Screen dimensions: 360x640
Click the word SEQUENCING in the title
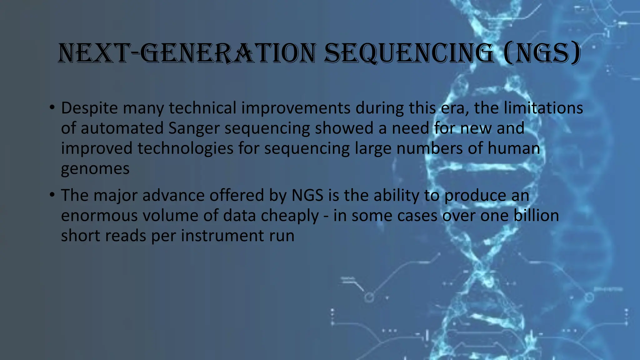tap(409, 53)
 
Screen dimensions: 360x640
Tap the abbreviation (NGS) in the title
tap(542, 53)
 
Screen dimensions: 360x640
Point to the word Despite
tap(89, 108)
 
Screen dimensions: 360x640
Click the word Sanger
tap(194, 128)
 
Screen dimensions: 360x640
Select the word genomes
tap(95, 169)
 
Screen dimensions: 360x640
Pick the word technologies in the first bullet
tap(185, 148)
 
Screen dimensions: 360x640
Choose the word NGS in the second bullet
tap(307, 196)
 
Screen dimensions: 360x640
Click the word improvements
tap(296, 108)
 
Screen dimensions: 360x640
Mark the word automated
tap(122, 128)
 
